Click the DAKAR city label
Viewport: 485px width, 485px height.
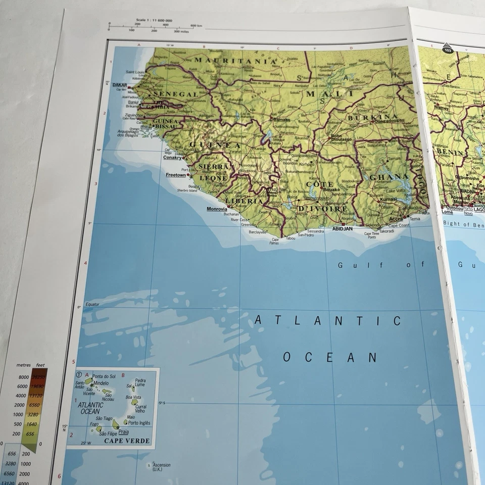point(119,85)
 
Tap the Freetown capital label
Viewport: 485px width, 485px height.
point(176,175)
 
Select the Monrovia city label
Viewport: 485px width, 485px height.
point(217,209)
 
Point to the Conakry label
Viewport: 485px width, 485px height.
point(172,157)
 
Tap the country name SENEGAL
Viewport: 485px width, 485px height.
point(175,94)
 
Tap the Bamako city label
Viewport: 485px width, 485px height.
point(281,120)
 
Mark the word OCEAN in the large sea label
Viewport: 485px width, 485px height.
point(329,357)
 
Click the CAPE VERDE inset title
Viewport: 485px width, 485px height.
point(127,441)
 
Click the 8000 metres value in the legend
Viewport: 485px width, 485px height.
point(24,377)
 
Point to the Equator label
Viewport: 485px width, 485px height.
point(93,304)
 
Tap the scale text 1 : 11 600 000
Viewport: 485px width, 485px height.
point(161,21)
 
